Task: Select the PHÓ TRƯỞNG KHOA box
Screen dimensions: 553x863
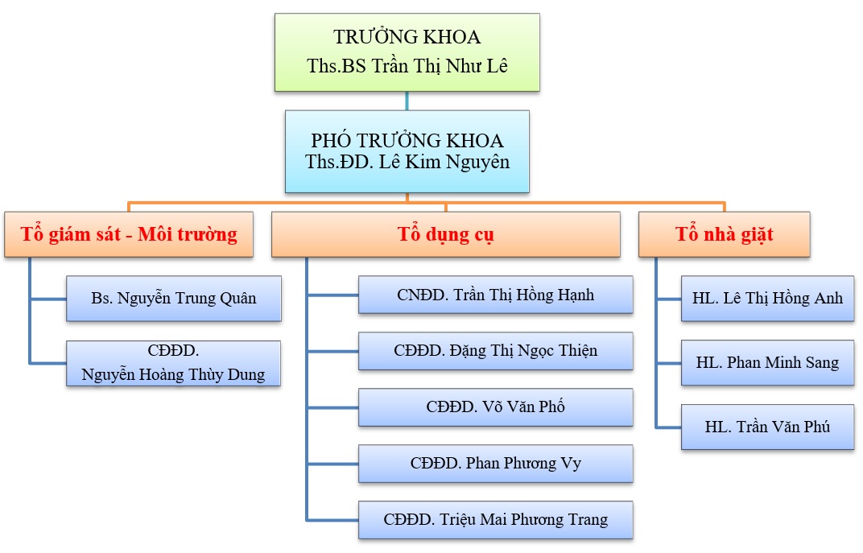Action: coord(407,151)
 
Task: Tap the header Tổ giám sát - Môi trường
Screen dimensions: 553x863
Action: coord(129,234)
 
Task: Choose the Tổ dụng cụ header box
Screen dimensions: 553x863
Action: coord(445,234)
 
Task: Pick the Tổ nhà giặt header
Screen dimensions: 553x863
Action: coord(724,234)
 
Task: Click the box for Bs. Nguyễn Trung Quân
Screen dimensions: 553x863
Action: coord(173,299)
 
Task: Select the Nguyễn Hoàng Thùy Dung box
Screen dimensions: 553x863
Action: coord(173,363)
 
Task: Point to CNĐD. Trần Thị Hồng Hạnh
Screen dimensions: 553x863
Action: coord(495,295)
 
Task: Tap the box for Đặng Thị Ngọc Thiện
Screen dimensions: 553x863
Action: coord(495,351)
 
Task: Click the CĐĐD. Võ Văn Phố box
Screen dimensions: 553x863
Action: coord(495,407)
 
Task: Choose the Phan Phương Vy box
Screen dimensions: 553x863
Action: coord(495,464)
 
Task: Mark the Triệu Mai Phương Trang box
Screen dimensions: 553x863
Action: coord(495,520)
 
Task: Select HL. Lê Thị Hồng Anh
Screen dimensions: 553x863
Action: coord(767,299)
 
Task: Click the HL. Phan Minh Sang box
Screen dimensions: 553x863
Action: coord(767,363)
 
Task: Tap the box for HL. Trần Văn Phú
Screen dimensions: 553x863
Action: coord(767,427)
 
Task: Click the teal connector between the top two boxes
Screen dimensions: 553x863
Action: coord(407,101)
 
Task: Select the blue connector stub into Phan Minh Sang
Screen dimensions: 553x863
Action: coord(669,363)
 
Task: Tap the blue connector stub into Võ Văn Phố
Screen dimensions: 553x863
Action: coord(332,407)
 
